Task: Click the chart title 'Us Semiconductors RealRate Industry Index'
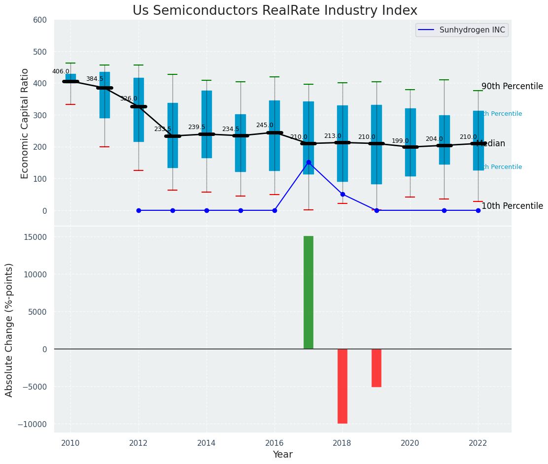[x=274, y=11]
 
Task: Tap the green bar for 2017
[x=308, y=292]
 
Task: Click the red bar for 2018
[x=342, y=386]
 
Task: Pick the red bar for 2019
[x=377, y=367]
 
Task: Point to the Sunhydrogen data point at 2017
[x=308, y=163]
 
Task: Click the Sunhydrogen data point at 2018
[x=342, y=194]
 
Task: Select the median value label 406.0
[x=61, y=71]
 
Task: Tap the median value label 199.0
[x=400, y=141]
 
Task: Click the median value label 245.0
[x=264, y=125]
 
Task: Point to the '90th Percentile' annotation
[x=512, y=87]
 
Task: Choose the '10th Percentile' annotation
[x=512, y=206]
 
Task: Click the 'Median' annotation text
[x=491, y=144]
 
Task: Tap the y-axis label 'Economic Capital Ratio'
[x=25, y=123]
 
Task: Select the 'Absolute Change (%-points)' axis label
[x=9, y=330]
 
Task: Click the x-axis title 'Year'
[x=283, y=455]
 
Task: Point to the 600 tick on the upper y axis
[x=39, y=20]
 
